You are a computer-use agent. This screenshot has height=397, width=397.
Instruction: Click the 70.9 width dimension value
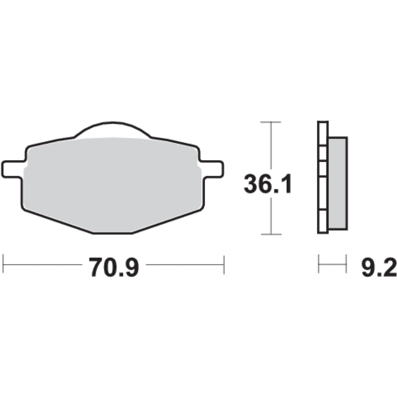[114, 267]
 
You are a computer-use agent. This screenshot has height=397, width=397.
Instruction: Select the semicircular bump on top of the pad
[112, 129]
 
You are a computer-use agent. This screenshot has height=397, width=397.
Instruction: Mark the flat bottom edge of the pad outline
[112, 233]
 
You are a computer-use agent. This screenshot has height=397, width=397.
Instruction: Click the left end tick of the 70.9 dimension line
[3, 265]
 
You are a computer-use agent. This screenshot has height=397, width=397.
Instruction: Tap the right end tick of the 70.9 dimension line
[224, 265]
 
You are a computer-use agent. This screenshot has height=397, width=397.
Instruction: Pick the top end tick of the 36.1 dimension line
[271, 122]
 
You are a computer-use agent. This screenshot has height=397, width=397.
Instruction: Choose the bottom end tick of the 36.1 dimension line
[271, 234]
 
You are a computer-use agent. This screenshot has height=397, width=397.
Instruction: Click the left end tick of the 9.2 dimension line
[319, 264]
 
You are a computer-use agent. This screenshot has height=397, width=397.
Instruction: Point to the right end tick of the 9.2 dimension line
[346, 264]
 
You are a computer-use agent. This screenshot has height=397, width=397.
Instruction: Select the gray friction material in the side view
[337, 183]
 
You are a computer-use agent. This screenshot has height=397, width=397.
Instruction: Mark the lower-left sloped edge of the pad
[57, 221]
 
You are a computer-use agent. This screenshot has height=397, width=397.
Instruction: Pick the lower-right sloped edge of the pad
[167, 221]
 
